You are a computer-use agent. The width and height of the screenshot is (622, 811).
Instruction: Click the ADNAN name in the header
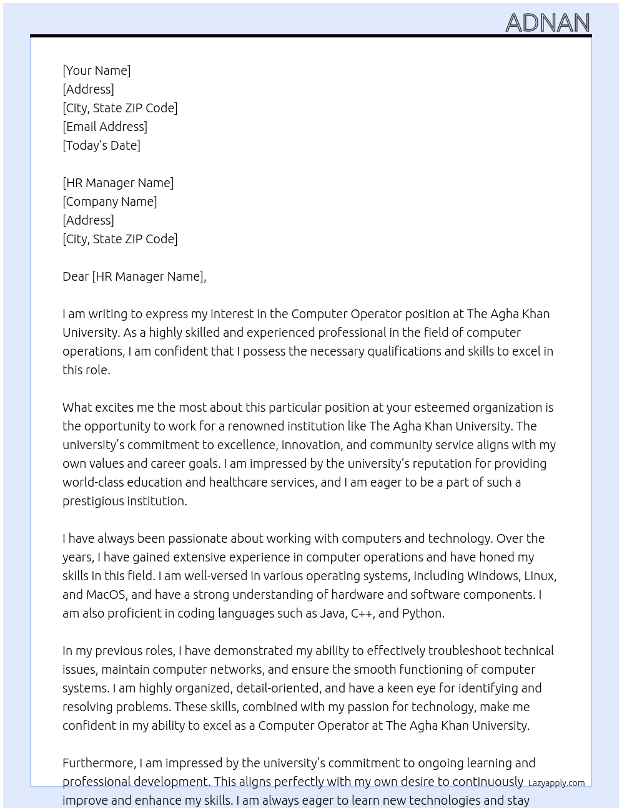coord(547,22)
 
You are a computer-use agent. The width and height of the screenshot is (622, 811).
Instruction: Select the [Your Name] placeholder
coord(96,70)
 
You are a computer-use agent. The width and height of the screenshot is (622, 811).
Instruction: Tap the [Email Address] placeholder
coord(105,127)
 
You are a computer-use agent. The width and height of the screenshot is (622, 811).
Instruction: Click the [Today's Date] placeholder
coord(101,145)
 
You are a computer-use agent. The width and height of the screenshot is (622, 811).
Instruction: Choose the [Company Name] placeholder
coord(110,202)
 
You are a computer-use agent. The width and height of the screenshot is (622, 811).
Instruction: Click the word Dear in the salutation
coord(76,276)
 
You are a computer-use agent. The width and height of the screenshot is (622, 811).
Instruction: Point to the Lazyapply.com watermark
coord(556,783)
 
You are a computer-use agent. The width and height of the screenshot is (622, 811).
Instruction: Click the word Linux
coord(540,576)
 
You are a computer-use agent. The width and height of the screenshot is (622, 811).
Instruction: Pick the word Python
coord(423,613)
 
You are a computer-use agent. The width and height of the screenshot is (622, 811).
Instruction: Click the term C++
coord(362,613)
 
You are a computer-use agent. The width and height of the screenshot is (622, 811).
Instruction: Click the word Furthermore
coord(99,763)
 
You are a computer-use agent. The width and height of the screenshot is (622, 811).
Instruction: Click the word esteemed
coord(440,407)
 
